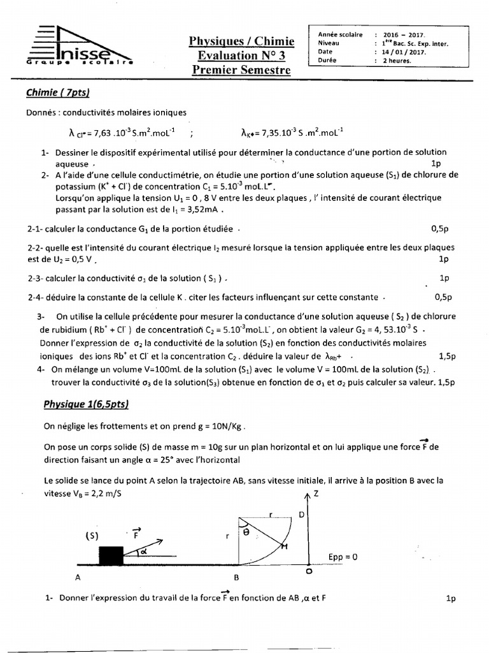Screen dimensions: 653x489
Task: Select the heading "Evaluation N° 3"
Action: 241,55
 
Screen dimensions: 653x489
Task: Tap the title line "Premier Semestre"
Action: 241,70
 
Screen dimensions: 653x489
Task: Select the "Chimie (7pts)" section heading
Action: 58,93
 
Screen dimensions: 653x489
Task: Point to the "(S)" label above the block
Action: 92,536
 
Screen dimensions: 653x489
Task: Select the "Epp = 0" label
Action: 343,556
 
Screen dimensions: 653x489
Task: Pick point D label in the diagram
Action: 301,513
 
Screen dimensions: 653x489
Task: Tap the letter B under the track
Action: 237,578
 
